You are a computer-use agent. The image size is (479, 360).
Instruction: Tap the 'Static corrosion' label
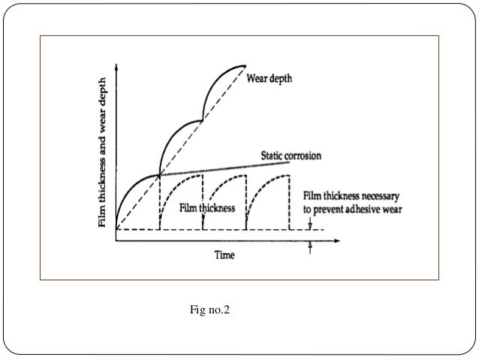click(291, 156)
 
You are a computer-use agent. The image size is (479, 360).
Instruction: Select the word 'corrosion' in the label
click(305, 156)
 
